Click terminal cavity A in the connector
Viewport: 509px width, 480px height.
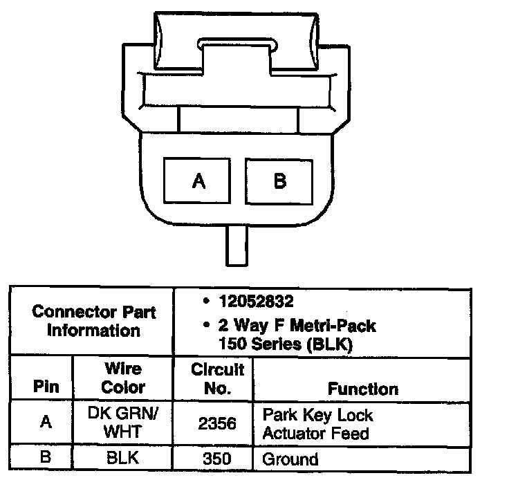pos(199,181)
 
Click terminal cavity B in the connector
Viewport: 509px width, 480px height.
pos(279,181)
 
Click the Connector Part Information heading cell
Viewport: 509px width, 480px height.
pos(93,320)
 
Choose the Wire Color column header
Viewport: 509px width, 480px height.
pos(123,378)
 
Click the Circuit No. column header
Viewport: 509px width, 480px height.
pos(218,379)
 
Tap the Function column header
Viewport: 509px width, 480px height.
pos(362,389)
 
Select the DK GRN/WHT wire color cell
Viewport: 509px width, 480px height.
pos(123,423)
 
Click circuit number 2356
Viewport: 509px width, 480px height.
pos(217,424)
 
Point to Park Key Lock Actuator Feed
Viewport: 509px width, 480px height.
pos(317,424)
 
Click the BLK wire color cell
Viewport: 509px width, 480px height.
pos(123,459)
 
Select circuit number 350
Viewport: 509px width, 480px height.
pos(219,459)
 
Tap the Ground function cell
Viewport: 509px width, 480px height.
pos(290,459)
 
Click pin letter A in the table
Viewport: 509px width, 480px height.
pos(46,423)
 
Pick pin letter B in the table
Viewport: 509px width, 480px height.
pos(46,459)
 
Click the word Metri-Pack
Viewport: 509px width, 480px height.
pos(335,325)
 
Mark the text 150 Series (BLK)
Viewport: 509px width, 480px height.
pos(285,342)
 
